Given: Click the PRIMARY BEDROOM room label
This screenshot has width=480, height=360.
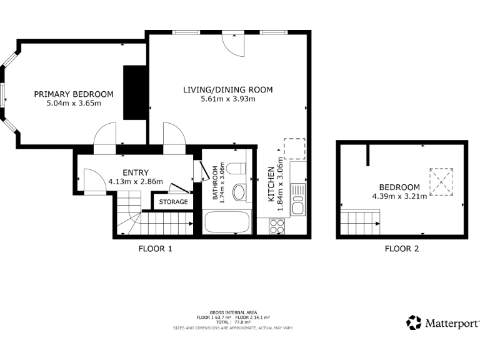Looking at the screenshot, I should [x=74, y=94].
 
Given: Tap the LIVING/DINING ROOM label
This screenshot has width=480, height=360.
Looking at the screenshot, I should [x=227, y=90].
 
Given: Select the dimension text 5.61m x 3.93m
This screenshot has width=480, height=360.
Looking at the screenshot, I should [x=227, y=99].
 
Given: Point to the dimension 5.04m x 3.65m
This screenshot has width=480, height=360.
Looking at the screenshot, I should [x=74, y=103].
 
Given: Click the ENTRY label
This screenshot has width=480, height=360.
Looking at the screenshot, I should [x=135, y=173].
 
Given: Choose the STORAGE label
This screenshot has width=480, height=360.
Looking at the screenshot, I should [x=172, y=202].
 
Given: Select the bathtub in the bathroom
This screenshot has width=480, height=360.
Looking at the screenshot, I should [x=228, y=222].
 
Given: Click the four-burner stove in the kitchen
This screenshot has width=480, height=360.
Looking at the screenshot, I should [x=276, y=226].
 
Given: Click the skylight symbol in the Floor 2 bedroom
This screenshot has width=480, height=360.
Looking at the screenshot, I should [x=441, y=182].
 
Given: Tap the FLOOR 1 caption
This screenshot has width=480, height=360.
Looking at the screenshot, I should [x=155, y=249].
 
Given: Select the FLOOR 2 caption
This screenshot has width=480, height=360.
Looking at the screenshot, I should [x=401, y=249].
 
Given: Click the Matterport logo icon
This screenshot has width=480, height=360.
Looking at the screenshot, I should [x=414, y=322].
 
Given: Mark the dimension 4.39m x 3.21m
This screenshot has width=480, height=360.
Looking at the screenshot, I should [x=399, y=196].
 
